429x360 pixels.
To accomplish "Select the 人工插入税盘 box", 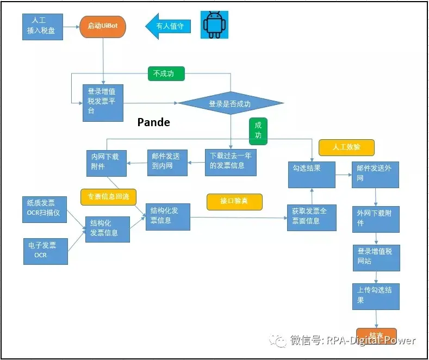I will pyautogui.click(x=43, y=26).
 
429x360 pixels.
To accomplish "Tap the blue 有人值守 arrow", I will pyautogui.click(x=169, y=26).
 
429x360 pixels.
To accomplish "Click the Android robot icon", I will pyautogui.click(x=214, y=24).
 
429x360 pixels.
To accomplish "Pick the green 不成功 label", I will pyautogui.click(x=166, y=73).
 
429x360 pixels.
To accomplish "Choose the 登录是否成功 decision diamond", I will pyautogui.click(x=231, y=103).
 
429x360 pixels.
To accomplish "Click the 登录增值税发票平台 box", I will pyautogui.click(x=103, y=103).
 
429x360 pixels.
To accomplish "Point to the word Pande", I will pyautogui.click(x=153, y=122).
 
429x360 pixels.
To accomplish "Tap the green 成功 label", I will pyautogui.click(x=258, y=131).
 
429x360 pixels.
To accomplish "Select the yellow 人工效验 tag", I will pyautogui.click(x=346, y=147).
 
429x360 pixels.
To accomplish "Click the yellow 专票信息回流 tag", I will pyautogui.click(x=108, y=197).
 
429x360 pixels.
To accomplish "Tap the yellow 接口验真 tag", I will pyautogui.click(x=234, y=201).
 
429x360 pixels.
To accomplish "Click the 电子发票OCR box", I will pyautogui.click(x=45, y=251).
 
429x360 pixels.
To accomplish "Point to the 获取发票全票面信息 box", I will pyautogui.click(x=312, y=217).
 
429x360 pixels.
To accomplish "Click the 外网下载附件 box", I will pyautogui.click(x=375, y=218).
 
